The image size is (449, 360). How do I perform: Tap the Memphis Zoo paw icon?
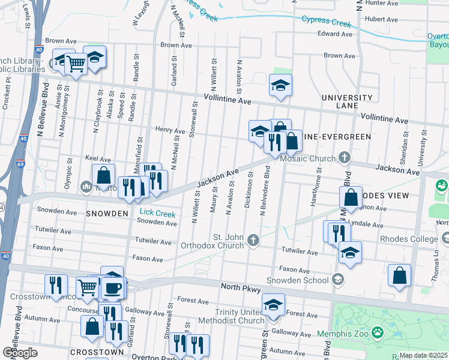click(378, 331)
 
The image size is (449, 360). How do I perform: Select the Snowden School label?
click(304, 280)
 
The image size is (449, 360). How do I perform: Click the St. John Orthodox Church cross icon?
click(253, 241)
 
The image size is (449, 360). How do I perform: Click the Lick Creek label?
click(157, 213)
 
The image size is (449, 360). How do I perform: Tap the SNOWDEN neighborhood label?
click(107, 214)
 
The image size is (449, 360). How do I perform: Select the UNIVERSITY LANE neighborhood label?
click(347, 101)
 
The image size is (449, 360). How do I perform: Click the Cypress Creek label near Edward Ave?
click(326, 22)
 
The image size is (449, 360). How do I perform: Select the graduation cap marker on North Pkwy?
click(274, 305)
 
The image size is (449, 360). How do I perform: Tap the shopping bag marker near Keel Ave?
click(103, 175)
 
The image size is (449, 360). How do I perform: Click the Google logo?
click(20, 353)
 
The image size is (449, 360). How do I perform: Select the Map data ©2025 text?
click(423, 355)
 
